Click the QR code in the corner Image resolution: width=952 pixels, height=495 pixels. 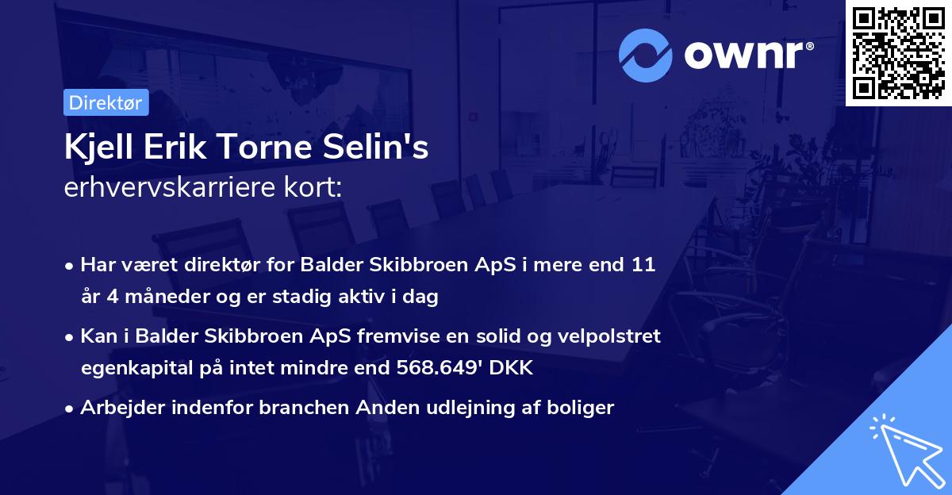coord(899,52)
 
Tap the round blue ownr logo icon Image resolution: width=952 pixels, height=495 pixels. coord(645,55)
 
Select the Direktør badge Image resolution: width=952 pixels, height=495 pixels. coord(106,102)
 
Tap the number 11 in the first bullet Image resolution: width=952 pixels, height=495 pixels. coord(643,265)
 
